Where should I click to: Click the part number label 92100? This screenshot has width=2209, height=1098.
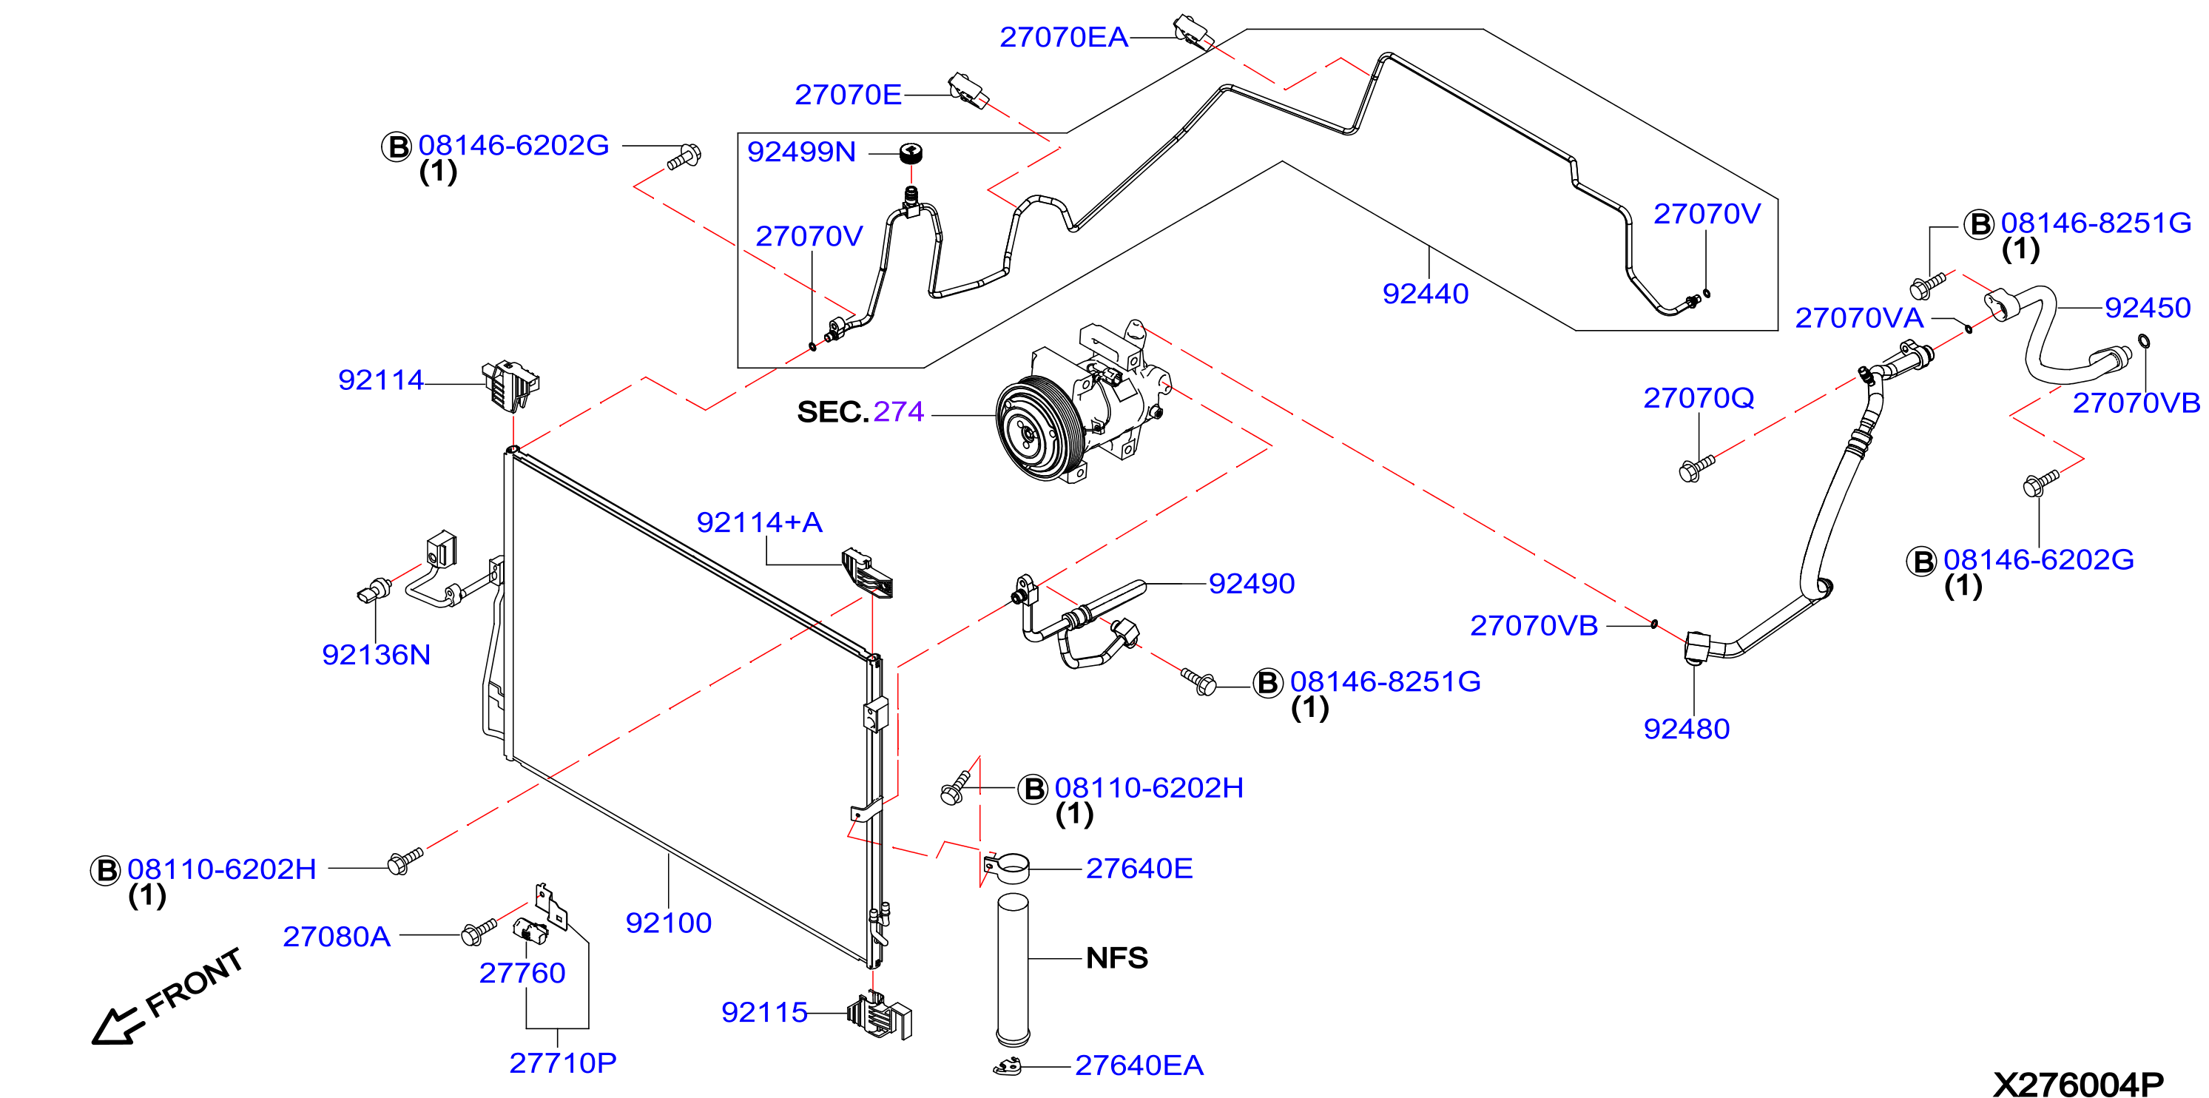[x=668, y=923]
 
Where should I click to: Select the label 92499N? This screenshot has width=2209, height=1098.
[x=801, y=152]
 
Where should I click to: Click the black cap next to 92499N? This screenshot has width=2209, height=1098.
[x=911, y=154]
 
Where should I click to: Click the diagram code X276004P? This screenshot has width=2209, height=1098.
[x=2078, y=1084]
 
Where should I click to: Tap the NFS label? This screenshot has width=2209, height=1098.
[x=1116, y=958]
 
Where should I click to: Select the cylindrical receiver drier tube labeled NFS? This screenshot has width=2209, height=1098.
[x=1013, y=969]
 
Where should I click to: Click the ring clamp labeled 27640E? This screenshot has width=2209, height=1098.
[x=1008, y=867]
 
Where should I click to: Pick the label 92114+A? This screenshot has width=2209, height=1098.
[x=759, y=522]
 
